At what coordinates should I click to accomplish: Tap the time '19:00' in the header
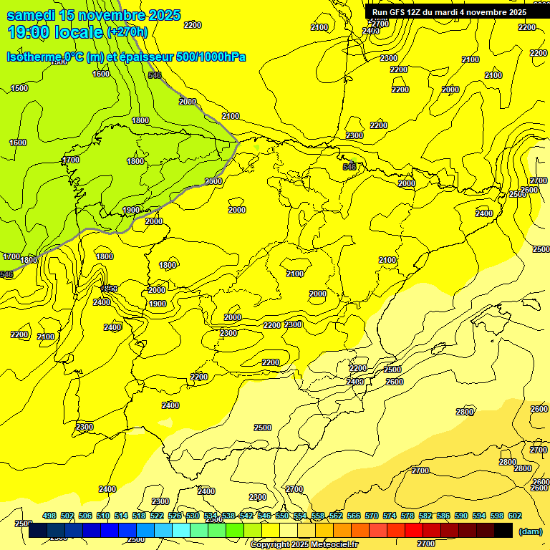click(29, 32)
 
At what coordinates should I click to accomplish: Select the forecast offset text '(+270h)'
click(127, 32)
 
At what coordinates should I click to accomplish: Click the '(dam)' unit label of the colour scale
click(529, 531)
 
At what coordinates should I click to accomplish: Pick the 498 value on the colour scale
click(49, 516)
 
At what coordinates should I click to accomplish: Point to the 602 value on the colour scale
click(515, 516)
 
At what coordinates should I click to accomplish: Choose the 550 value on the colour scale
click(282, 516)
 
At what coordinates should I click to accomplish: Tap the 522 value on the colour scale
click(157, 516)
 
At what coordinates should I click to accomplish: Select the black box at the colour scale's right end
click(503, 531)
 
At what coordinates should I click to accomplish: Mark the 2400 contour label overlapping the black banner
click(371, 31)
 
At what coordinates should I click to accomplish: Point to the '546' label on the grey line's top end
click(155, 75)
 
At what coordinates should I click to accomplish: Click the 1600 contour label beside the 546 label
click(101, 74)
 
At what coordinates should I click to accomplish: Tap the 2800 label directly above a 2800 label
click(507, 462)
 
